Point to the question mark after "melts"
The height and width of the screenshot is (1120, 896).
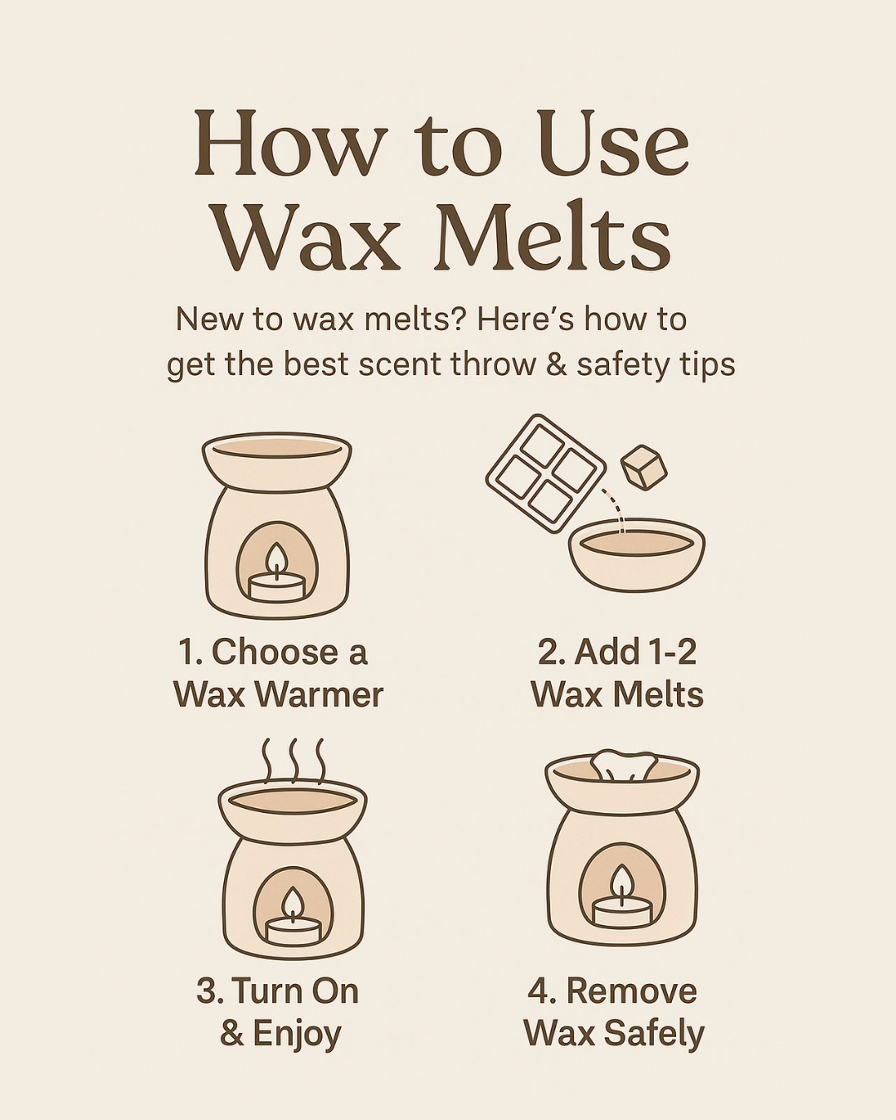(457, 319)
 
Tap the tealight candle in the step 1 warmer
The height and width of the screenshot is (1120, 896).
(276, 586)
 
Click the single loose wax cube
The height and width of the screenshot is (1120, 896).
(644, 467)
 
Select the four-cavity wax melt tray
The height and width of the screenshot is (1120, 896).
(545, 473)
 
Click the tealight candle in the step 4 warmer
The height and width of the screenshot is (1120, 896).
(621, 913)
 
